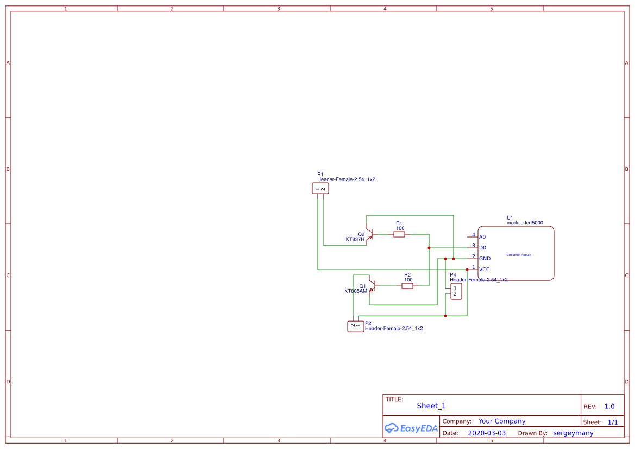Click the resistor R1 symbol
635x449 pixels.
(x=399, y=234)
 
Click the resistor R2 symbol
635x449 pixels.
(x=407, y=286)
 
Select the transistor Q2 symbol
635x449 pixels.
(x=369, y=234)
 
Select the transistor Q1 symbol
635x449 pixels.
(x=372, y=286)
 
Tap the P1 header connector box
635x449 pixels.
(x=320, y=188)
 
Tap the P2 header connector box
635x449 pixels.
(x=355, y=326)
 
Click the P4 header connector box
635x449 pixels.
(x=456, y=291)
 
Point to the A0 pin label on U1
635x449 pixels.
(x=482, y=237)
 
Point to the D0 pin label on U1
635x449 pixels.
(x=482, y=248)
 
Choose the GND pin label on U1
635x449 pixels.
(x=485, y=259)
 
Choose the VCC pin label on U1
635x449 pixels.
(x=484, y=270)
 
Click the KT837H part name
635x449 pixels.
(x=355, y=239)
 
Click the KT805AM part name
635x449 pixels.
(x=356, y=291)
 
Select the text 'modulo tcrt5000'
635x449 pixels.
(x=525, y=223)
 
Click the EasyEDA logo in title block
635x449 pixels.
(x=411, y=428)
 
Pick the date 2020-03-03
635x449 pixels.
(x=487, y=433)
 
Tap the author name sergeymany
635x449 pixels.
(x=573, y=433)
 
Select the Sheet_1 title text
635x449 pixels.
(x=431, y=406)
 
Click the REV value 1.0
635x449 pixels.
(x=609, y=406)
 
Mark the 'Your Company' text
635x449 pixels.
(x=502, y=421)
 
